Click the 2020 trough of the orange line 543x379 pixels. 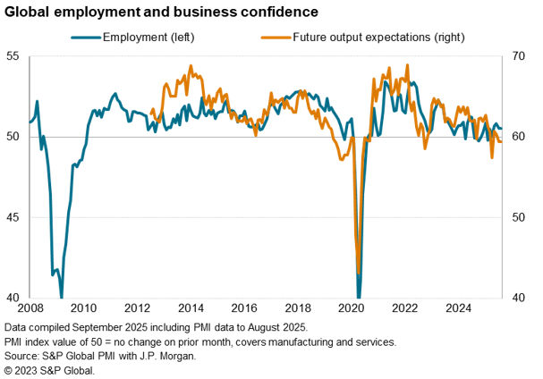[x=359, y=273]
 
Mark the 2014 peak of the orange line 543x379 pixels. [x=191, y=66]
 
